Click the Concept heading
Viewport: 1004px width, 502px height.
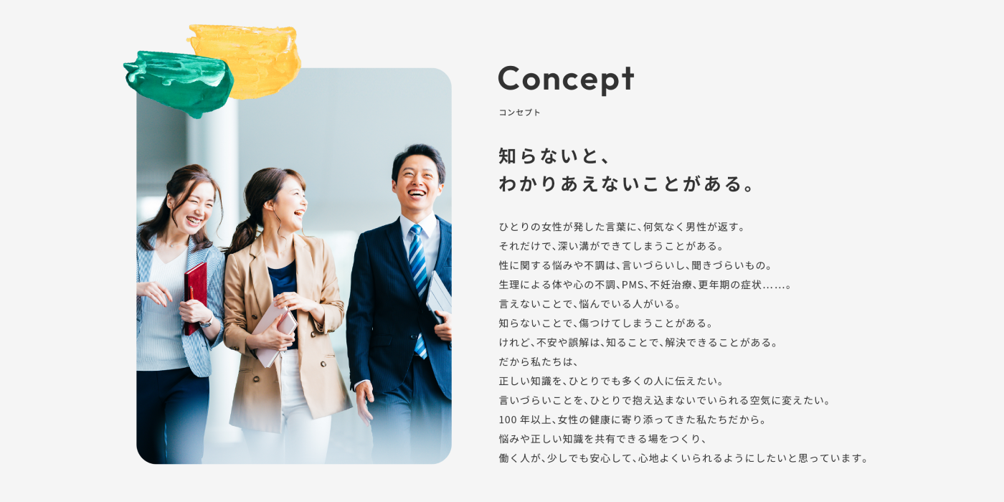(566, 80)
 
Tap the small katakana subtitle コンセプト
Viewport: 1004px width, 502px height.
(519, 113)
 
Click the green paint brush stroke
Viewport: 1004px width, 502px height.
(179, 83)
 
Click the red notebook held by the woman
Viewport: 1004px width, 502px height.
(195, 298)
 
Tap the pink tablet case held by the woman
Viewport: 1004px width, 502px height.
(273, 334)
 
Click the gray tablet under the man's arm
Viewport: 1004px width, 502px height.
(439, 295)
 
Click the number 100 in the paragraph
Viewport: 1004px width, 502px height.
(508, 420)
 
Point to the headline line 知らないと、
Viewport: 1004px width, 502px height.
(554, 156)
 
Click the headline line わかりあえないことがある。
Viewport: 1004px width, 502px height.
(627, 184)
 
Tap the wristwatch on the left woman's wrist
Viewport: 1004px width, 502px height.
(207, 322)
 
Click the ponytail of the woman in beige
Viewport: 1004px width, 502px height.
(242, 237)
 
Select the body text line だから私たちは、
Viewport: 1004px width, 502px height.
(539, 361)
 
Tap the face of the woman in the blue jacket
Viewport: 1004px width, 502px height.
(194, 207)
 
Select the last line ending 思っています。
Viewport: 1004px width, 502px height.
(684, 458)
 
